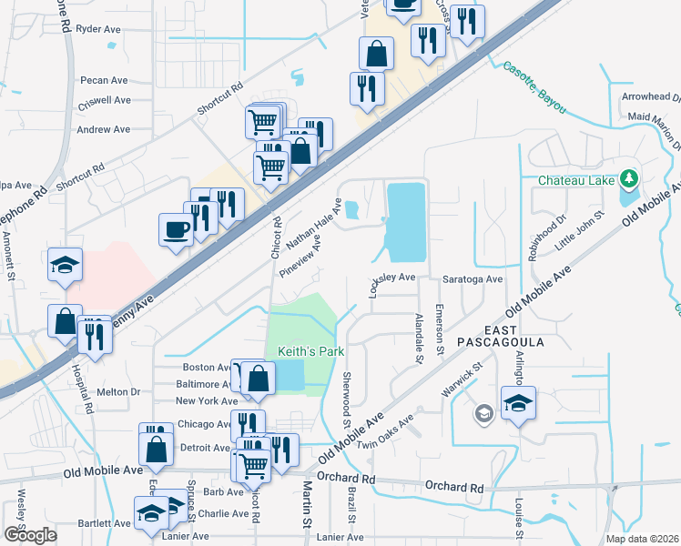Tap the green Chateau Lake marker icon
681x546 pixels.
pos(628,178)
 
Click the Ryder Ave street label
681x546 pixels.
pos(98,29)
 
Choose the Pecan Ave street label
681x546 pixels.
pos(103,80)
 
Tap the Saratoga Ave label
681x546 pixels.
pos(472,279)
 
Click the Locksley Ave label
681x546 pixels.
pos(391,277)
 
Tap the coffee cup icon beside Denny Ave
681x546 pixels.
pos(176,229)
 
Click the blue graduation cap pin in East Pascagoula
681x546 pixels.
pos(518,402)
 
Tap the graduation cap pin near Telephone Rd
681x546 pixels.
pos(66,264)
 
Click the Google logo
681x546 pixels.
pos(30,535)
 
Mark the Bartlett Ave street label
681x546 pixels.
pos(104,523)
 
